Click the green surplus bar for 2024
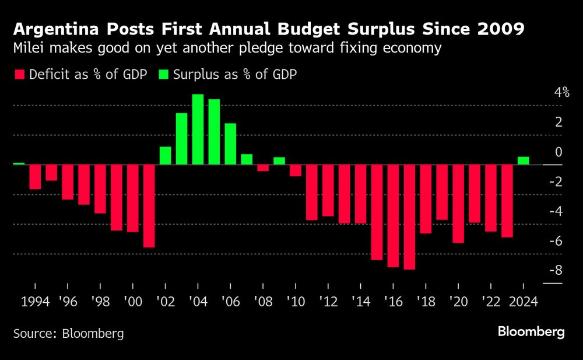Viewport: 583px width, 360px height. (x=523, y=160)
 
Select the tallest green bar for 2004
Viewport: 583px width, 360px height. (x=198, y=130)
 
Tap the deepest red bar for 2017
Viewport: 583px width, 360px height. (x=409, y=217)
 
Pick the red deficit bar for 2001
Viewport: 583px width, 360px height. (x=149, y=206)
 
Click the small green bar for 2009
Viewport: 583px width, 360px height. (x=279, y=161)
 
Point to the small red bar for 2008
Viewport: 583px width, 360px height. (x=263, y=168)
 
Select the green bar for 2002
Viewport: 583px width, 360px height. (x=165, y=156)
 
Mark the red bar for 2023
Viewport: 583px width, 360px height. (x=507, y=201)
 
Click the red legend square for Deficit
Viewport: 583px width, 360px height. (x=19, y=74)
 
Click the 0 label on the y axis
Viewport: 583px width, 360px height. (x=558, y=152)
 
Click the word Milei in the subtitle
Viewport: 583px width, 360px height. (x=30, y=48)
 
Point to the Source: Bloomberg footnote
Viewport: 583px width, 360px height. (x=69, y=334)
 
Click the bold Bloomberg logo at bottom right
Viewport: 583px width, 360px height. (x=531, y=332)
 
